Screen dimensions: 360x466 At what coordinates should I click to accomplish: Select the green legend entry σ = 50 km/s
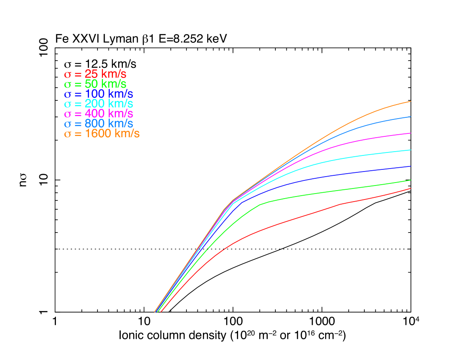coord(95,84)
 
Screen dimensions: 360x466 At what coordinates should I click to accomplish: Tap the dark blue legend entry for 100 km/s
coord(98,94)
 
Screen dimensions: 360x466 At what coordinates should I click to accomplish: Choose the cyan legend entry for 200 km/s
coord(98,104)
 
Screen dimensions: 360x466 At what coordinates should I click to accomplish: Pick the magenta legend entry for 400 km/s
coord(98,114)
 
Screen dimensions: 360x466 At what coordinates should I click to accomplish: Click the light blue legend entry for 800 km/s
coord(98,124)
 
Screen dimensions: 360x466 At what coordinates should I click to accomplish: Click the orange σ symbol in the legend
coord(67,134)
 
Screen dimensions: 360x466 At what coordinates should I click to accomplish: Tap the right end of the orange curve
coord(411,102)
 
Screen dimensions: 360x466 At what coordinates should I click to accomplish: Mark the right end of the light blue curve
coord(411,116)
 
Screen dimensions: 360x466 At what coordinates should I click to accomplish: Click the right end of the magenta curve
coord(411,133)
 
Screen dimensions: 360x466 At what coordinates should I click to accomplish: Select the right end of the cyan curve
coord(411,150)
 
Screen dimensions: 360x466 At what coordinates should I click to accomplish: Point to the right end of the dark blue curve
coord(411,166)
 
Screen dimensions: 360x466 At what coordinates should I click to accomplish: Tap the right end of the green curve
coord(411,180)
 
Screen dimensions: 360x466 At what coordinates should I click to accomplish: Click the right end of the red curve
coord(411,188)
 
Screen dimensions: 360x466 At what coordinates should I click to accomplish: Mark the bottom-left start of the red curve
coord(161,312)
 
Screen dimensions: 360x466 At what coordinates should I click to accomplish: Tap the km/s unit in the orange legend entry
coord(126,134)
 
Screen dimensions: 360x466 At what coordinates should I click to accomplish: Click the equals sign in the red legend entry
coord(78,74)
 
